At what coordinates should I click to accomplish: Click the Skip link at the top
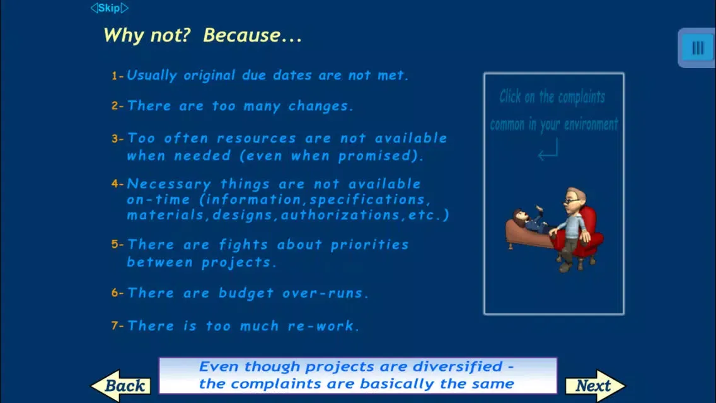click(x=109, y=8)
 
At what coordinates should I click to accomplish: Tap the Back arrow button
click(x=121, y=385)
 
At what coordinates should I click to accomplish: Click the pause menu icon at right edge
click(x=697, y=48)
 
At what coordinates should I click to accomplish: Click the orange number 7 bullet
click(x=115, y=326)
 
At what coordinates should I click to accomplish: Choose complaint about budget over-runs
click(x=248, y=293)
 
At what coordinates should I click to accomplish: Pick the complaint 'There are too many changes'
click(x=240, y=106)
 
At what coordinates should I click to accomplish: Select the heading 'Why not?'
click(x=146, y=35)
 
